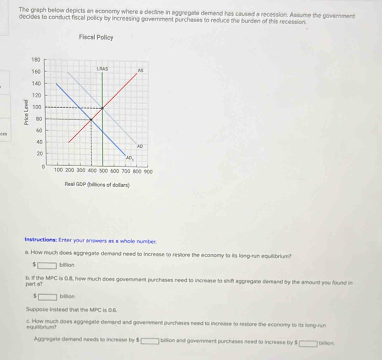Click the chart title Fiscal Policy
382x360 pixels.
click(x=96, y=37)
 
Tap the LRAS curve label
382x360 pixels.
click(x=102, y=68)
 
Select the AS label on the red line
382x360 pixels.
click(x=140, y=70)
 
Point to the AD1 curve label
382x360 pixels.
click(x=130, y=157)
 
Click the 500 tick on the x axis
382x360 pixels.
click(x=103, y=170)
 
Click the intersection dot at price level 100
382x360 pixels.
click(x=103, y=108)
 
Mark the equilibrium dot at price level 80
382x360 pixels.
click(x=91, y=119)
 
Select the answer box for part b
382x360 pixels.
click(x=49, y=297)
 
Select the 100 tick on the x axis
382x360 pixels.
click(x=59, y=170)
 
